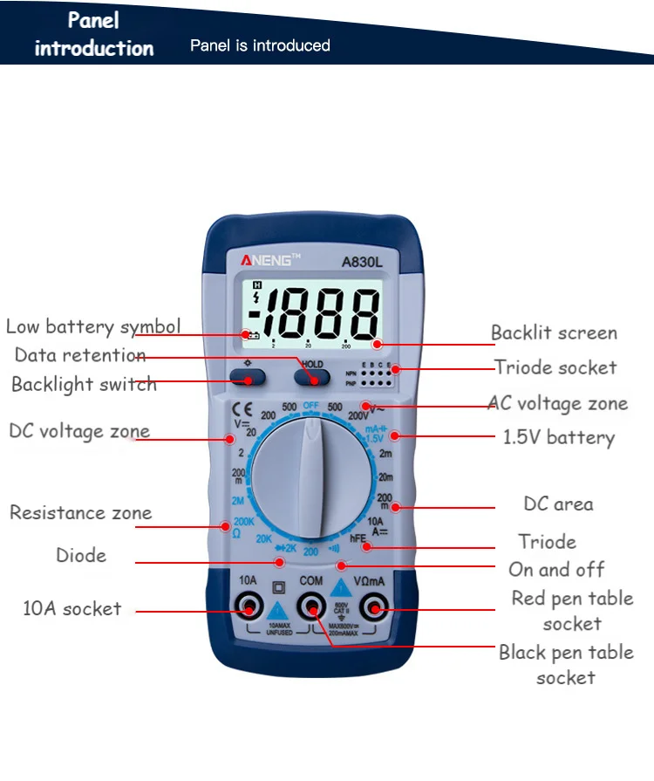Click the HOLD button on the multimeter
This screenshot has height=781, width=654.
311,376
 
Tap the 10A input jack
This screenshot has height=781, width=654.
248,606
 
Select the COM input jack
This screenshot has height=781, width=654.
311,606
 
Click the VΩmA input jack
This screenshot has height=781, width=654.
374,606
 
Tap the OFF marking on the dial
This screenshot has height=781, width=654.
311,406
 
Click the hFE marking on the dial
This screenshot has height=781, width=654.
358,539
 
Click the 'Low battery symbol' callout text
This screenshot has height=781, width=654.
93,327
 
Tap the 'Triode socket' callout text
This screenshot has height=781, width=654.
555,367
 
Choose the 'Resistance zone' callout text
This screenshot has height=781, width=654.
80,512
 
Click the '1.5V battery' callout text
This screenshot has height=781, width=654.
558,437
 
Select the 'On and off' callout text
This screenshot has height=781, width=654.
556,570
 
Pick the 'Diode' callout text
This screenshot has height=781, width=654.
81,555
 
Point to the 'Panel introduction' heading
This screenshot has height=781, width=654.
93,33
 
